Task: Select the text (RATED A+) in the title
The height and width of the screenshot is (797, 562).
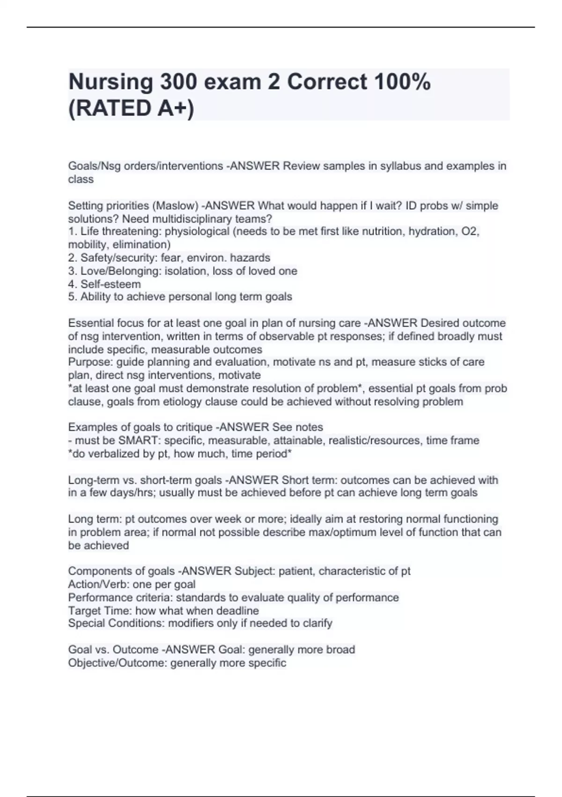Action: coord(131,108)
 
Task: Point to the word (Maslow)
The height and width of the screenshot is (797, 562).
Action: coord(177,206)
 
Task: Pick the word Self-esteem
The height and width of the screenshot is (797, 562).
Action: coord(111,284)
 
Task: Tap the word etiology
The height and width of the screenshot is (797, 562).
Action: coord(182,402)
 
